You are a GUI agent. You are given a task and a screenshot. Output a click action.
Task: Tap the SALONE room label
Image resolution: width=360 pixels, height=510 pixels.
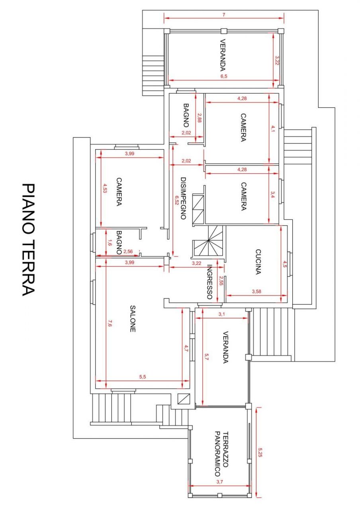(133, 319)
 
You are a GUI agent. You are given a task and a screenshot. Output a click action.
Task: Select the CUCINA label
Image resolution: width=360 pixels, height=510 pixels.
(258, 262)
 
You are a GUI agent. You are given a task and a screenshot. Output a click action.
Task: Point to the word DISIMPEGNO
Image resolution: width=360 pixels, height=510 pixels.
(183, 198)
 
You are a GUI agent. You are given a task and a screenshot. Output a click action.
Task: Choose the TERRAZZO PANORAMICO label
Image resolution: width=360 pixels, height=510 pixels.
(221, 454)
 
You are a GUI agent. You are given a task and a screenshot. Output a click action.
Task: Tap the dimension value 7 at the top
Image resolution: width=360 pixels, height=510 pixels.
(224, 15)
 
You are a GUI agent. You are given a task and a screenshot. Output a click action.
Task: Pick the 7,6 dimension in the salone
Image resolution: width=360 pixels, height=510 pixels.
(110, 322)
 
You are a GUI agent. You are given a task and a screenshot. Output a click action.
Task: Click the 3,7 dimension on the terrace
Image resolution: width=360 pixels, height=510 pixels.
(219, 482)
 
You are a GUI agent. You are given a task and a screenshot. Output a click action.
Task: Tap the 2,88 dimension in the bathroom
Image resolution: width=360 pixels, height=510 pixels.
(199, 118)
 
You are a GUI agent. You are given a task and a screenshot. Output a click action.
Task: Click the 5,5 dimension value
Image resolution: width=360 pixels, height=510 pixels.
(143, 377)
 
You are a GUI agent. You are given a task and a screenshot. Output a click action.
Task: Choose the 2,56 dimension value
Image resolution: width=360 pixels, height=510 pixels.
(127, 251)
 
